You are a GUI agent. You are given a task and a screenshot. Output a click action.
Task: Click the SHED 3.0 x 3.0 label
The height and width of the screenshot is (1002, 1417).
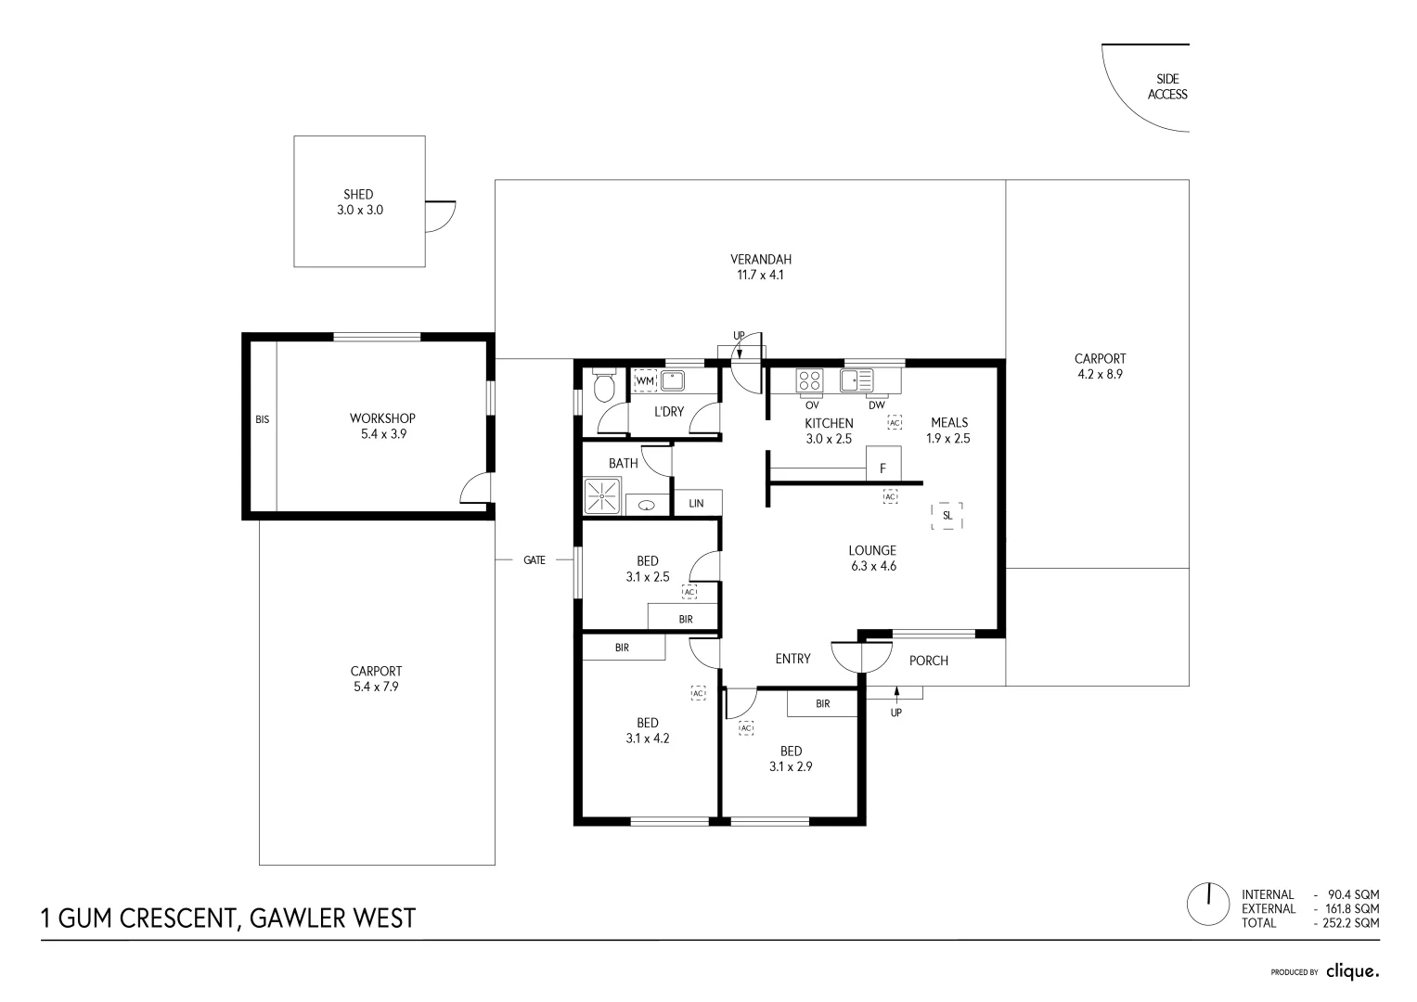pos(359,202)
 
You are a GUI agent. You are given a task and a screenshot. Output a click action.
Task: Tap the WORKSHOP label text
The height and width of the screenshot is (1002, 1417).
pos(382,418)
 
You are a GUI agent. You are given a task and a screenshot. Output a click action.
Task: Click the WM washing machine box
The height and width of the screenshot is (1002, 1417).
pos(645,381)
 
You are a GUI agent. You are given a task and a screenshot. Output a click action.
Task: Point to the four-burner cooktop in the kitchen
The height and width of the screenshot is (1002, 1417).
pos(810,380)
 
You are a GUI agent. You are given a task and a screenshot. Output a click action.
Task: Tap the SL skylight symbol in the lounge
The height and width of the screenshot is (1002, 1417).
pos(947,516)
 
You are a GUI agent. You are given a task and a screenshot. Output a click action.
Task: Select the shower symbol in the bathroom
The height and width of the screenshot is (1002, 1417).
pos(602,495)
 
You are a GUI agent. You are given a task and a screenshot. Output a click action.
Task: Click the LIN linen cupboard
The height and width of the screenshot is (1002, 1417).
pos(697,503)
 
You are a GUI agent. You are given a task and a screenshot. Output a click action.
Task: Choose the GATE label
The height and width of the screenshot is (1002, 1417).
pos(535,560)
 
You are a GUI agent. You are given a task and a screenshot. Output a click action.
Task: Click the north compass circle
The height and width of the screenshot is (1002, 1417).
pos(1209,904)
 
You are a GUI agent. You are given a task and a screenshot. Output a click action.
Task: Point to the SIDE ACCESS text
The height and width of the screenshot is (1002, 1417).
pos(1167,86)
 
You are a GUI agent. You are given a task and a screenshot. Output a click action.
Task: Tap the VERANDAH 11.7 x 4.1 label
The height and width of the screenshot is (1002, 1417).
pos(760,267)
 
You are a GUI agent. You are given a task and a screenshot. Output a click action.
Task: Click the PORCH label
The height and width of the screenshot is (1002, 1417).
pos(929,661)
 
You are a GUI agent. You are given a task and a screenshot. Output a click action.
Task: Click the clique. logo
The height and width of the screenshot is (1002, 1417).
pos(1352,971)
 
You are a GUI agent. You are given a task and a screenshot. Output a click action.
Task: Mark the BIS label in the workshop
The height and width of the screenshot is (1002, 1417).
pos(263,419)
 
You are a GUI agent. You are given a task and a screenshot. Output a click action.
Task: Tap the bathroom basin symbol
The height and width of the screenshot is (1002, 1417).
pos(648,506)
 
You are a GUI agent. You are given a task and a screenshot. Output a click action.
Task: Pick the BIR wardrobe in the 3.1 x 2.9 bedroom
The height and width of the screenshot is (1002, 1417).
pos(822,704)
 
